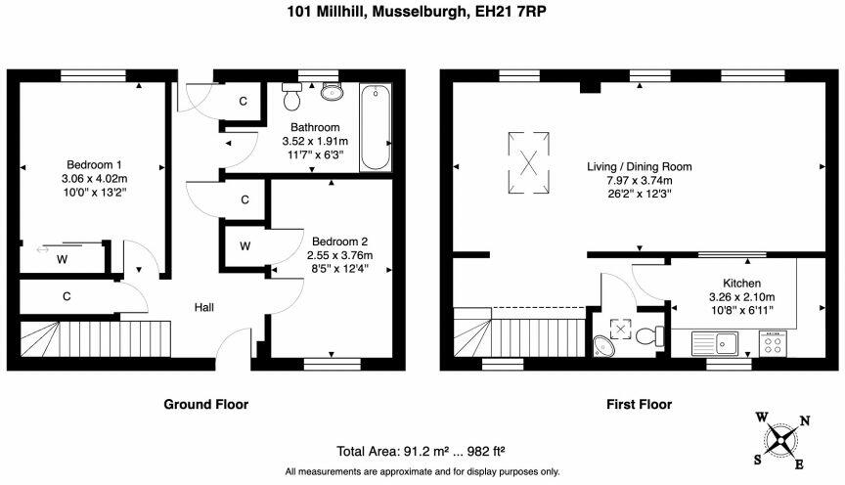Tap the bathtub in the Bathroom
point(376,128)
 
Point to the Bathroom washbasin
point(332,92)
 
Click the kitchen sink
point(715,343)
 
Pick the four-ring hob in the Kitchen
point(773,343)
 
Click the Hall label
point(204,308)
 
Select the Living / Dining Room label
point(640,166)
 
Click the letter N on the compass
point(804,420)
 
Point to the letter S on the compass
point(758,460)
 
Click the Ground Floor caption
point(205,404)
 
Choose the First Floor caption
point(640,404)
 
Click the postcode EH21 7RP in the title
point(511,12)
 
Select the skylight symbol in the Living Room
point(529,162)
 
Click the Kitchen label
point(742,283)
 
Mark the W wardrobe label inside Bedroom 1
point(63,260)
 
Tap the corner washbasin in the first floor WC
point(603,346)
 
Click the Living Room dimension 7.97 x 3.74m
point(640,181)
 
